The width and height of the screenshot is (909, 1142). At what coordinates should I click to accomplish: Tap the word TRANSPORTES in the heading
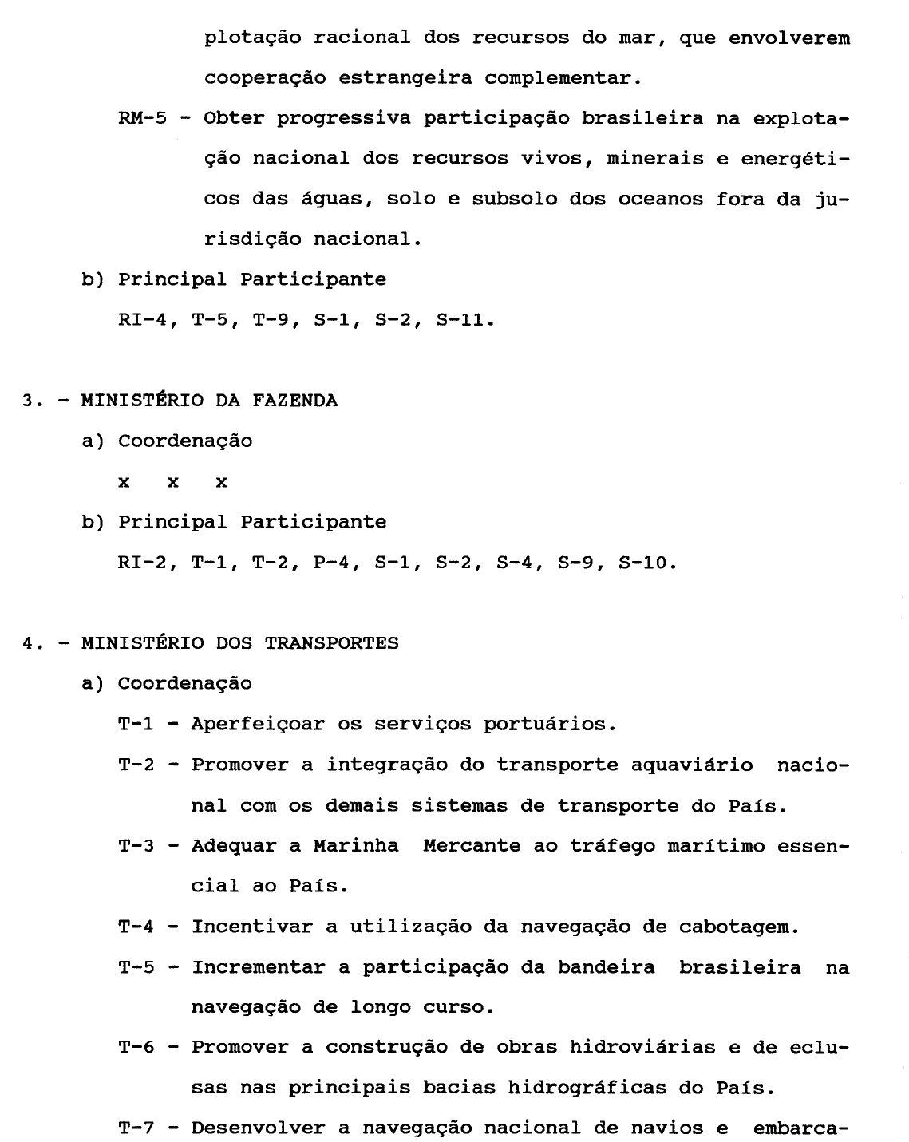[x=331, y=643]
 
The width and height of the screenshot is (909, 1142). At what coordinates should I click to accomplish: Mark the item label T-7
[x=136, y=1128]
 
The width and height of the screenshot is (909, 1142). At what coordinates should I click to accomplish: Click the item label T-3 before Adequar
[x=136, y=846]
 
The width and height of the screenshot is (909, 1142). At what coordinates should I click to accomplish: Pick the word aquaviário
[x=692, y=765]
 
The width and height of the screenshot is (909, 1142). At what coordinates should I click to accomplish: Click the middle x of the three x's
[x=172, y=483]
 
